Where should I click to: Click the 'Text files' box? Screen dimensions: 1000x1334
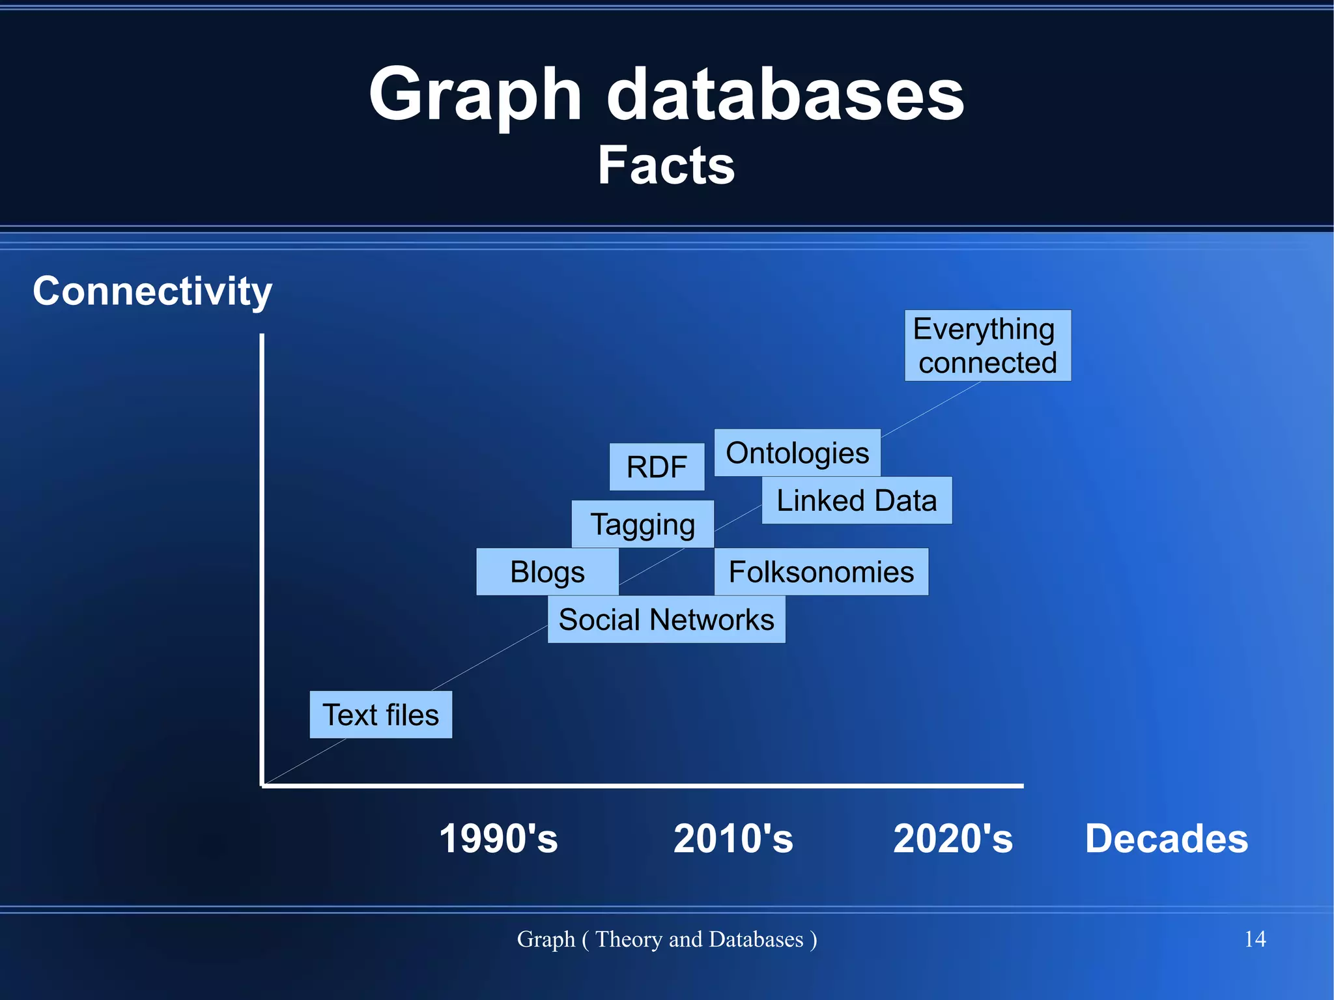(x=380, y=715)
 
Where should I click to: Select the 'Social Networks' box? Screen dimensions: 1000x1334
(x=666, y=619)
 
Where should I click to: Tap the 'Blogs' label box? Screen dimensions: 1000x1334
(x=547, y=571)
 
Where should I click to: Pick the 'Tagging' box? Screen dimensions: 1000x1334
(x=642, y=524)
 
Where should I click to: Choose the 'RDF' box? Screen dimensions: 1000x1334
(x=657, y=466)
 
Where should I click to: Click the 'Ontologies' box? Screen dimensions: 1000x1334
(x=797, y=452)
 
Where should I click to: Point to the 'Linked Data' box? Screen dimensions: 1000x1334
(x=857, y=500)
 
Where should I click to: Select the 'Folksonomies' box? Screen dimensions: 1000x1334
(x=821, y=571)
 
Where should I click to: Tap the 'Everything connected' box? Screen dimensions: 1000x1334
(x=987, y=345)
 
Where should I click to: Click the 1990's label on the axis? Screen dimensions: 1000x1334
(x=498, y=838)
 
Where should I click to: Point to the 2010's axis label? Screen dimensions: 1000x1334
(x=733, y=838)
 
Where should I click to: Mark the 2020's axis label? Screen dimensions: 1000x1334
(x=953, y=838)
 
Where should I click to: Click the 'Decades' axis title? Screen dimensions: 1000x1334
(x=1166, y=838)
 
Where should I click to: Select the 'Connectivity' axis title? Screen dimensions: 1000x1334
(x=152, y=291)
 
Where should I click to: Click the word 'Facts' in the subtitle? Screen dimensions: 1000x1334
(x=666, y=165)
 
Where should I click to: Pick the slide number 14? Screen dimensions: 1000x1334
(x=1255, y=939)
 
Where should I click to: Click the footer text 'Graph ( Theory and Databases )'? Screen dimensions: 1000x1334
(x=666, y=939)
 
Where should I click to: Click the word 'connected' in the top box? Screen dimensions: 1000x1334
(x=987, y=363)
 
